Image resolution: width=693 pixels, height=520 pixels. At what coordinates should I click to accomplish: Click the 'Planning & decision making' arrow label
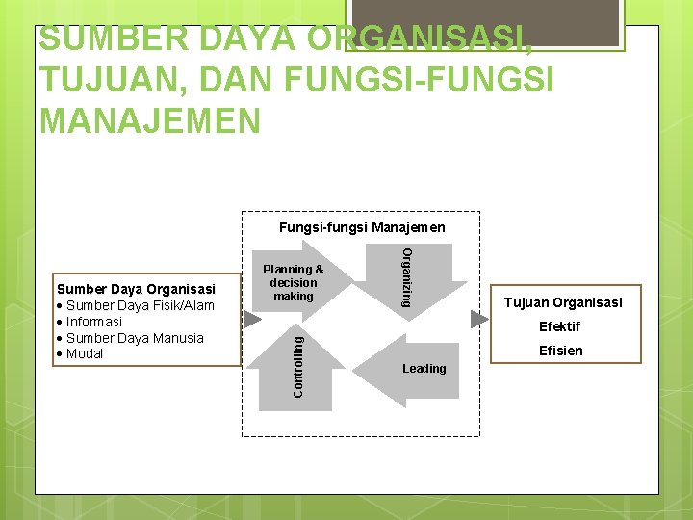point(294,283)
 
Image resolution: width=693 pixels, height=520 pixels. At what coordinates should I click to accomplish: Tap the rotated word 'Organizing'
point(407,277)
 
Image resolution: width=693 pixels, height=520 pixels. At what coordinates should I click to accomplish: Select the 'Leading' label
point(424,368)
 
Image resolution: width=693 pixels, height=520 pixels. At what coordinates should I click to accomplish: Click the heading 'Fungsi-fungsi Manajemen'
point(362,228)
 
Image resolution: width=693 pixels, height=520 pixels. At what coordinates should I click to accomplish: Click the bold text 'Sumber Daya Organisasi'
point(136,289)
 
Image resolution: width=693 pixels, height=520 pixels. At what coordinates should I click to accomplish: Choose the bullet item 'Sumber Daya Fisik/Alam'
point(140,305)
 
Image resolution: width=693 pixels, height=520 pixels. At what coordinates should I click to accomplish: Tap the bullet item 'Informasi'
point(93,322)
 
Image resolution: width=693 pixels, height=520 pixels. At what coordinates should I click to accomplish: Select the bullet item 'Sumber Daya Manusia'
point(135,338)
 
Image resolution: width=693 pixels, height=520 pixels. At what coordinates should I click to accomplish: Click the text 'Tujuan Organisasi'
point(563,302)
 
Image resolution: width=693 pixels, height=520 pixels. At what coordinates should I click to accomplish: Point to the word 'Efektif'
point(559,326)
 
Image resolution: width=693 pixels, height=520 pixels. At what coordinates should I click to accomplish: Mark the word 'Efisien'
point(561,351)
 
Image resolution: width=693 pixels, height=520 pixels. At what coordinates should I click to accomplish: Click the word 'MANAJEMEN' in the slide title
point(150,121)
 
